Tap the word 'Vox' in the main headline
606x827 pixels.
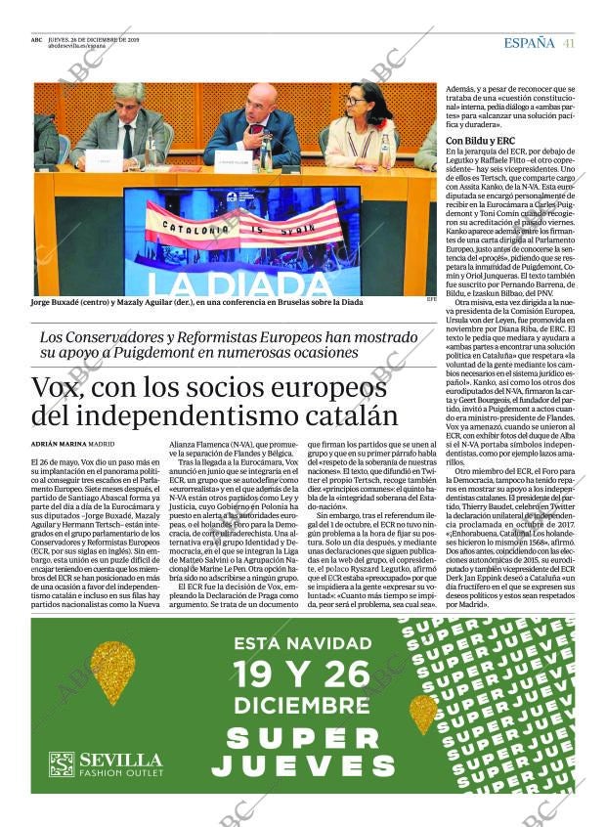click(x=60, y=387)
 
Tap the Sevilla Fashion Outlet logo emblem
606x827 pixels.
click(x=61, y=763)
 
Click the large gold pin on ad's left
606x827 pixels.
click(x=112, y=672)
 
